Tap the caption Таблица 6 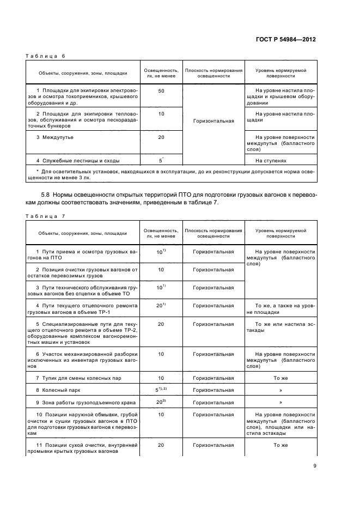click(45, 56)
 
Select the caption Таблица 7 click(45, 216)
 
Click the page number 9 click(315, 465)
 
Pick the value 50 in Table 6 click(161, 91)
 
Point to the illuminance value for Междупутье click(161, 137)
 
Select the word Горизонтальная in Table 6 click(213, 121)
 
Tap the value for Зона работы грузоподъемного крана click(161, 403)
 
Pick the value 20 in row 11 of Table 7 click(161, 445)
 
